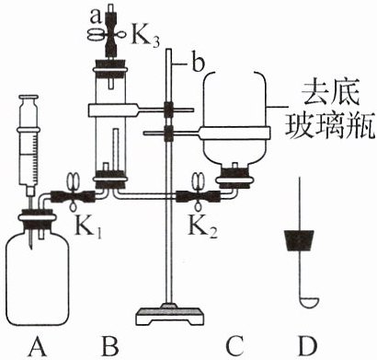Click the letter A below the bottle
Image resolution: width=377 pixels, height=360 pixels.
39,346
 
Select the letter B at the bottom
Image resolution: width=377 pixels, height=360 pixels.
109,346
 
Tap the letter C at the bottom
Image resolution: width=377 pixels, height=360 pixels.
234,346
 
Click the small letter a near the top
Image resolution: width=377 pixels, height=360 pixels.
96,17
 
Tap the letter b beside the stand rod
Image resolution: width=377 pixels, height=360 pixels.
199,63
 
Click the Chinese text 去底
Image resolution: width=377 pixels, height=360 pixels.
330,93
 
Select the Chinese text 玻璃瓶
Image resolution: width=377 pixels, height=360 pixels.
330,126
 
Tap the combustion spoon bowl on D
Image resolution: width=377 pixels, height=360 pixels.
309,302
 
